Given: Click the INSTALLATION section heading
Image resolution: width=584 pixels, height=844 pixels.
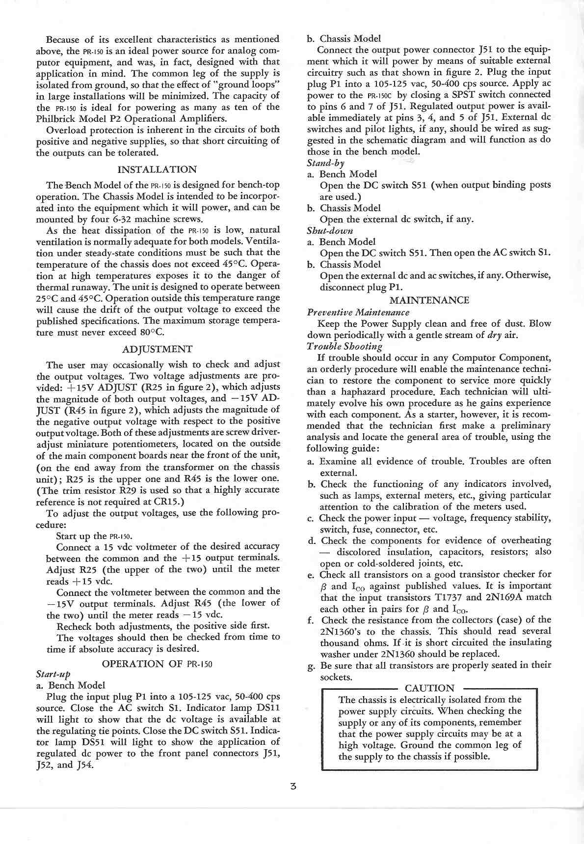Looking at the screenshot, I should click(158, 169).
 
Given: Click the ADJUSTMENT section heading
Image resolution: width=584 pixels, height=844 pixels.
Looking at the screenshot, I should click(157, 349).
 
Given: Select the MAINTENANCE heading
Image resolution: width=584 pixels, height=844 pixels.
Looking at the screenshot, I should click(429, 300).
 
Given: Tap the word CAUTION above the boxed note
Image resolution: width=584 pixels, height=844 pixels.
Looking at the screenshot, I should click(430, 688).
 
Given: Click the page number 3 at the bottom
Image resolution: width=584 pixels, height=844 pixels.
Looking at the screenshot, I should click(292, 786).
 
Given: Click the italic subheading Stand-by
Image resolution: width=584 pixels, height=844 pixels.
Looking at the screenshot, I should click(325, 163).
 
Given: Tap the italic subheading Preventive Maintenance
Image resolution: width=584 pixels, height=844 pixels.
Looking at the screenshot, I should click(358, 312).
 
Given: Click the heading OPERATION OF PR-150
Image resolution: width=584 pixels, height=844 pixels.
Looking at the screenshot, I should click(157, 664).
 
